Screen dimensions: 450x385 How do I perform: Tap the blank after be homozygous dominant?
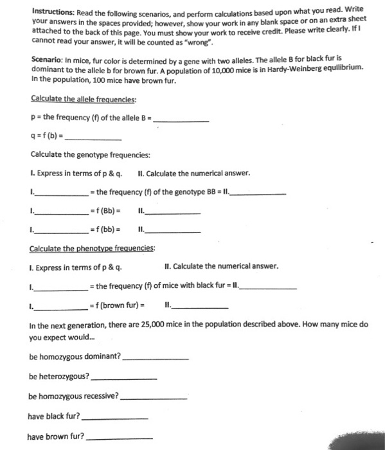pos(155,356)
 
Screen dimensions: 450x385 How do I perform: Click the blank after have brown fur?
pos(119,437)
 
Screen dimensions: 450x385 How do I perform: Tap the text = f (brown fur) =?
pos(118,305)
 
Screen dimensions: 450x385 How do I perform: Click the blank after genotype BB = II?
pos(260,192)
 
